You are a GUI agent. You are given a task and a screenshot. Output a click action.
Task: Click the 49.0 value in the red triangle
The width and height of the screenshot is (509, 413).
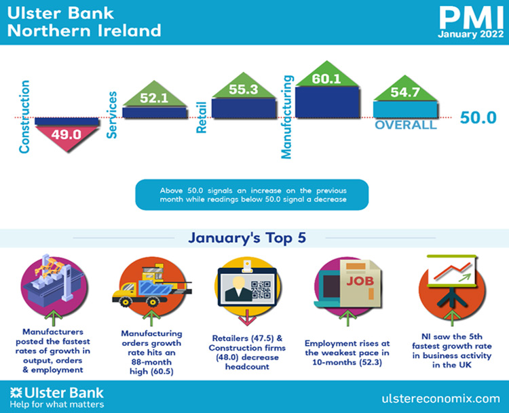point(67,134)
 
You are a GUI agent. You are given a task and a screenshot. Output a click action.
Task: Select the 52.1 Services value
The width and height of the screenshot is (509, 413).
point(154,98)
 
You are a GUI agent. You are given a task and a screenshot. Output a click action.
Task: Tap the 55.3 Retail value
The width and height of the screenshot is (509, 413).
point(244,90)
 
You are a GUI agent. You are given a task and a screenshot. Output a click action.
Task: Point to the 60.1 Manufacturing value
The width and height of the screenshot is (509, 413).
point(326,79)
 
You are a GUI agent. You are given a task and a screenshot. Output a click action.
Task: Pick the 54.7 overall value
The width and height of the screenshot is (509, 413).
point(404,92)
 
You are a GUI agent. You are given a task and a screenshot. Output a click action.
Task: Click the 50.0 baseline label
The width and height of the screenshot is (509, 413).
point(478,117)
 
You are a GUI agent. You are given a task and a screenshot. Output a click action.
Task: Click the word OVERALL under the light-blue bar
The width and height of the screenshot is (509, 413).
point(406,125)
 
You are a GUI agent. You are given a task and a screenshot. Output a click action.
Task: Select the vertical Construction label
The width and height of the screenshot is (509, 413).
point(24,117)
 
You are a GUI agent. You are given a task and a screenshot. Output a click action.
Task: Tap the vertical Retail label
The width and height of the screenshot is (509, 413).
point(202,117)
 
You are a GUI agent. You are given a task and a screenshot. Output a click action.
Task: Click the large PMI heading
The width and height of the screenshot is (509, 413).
point(472,18)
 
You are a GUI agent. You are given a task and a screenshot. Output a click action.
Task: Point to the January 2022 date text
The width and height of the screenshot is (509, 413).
point(471,34)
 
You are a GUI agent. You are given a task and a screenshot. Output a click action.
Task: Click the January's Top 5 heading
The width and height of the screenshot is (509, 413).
point(247,238)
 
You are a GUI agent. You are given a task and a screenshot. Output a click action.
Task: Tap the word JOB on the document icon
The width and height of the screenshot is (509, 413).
point(360,281)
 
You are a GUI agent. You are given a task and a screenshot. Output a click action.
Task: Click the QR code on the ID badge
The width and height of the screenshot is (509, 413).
point(261,290)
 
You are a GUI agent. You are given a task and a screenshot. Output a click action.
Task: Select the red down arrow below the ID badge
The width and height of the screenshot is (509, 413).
point(247,317)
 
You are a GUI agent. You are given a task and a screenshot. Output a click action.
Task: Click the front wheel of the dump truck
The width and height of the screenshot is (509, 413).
point(125,302)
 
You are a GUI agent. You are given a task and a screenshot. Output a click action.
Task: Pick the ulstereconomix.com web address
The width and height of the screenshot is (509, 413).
point(441,399)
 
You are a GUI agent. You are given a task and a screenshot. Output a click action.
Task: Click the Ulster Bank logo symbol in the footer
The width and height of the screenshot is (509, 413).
point(16,393)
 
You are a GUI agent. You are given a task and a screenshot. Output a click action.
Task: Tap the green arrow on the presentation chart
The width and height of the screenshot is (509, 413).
point(464,277)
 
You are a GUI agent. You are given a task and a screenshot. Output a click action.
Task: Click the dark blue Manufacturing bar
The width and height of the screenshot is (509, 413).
point(328,102)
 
